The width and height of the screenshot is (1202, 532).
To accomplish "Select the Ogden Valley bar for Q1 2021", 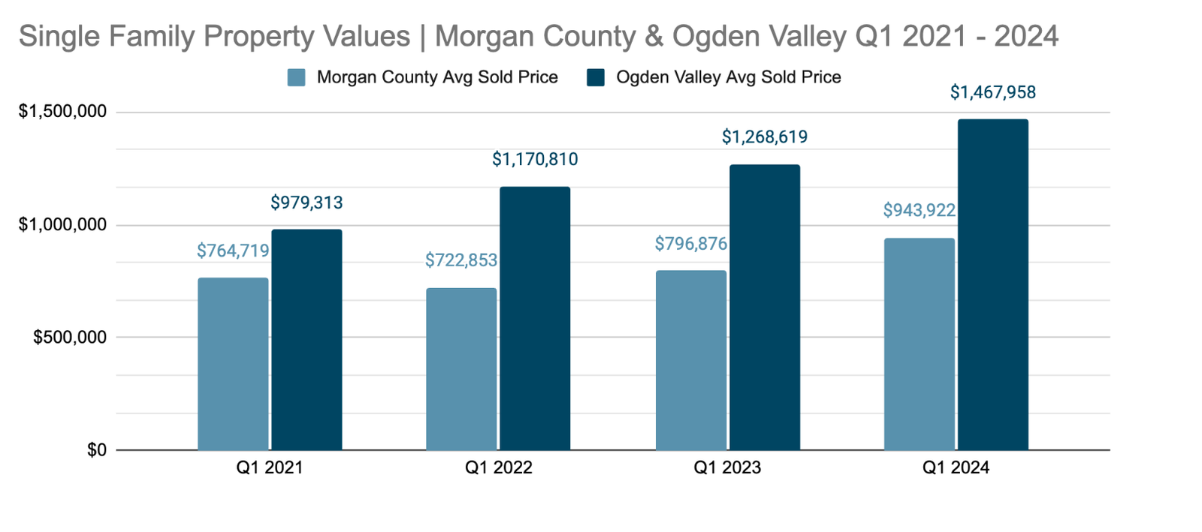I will coord(307,340).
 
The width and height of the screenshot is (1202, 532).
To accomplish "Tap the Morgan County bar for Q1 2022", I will coord(461,369).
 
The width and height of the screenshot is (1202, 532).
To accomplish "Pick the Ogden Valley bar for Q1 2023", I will coord(765,308).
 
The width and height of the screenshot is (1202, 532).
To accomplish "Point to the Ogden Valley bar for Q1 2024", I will coord(993,285).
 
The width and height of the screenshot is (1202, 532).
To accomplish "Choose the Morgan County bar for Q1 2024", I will coord(920,344).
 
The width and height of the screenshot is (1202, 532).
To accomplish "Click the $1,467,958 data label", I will coord(992,92).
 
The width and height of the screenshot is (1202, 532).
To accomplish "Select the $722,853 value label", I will coord(461,260).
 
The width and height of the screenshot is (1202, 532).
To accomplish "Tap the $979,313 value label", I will coord(307,203).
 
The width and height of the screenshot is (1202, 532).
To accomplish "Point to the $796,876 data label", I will coord(691,244).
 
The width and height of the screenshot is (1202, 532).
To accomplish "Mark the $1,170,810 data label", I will coord(535,159).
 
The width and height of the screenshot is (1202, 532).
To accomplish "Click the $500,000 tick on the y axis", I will coord(70,338).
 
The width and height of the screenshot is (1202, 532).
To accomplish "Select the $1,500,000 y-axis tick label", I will coord(62,112).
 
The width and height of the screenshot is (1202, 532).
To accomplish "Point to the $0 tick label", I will coord(97,450).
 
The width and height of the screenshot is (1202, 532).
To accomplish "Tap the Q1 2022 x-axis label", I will coord(499,468).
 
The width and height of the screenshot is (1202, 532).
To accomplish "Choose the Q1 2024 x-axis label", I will coord(956,468).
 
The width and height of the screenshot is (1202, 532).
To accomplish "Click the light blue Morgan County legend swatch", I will coord(297,77).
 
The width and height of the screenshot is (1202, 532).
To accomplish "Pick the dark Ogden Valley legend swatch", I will coord(596,77).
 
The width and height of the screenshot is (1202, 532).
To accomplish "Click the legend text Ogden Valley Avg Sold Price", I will coord(728,77).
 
